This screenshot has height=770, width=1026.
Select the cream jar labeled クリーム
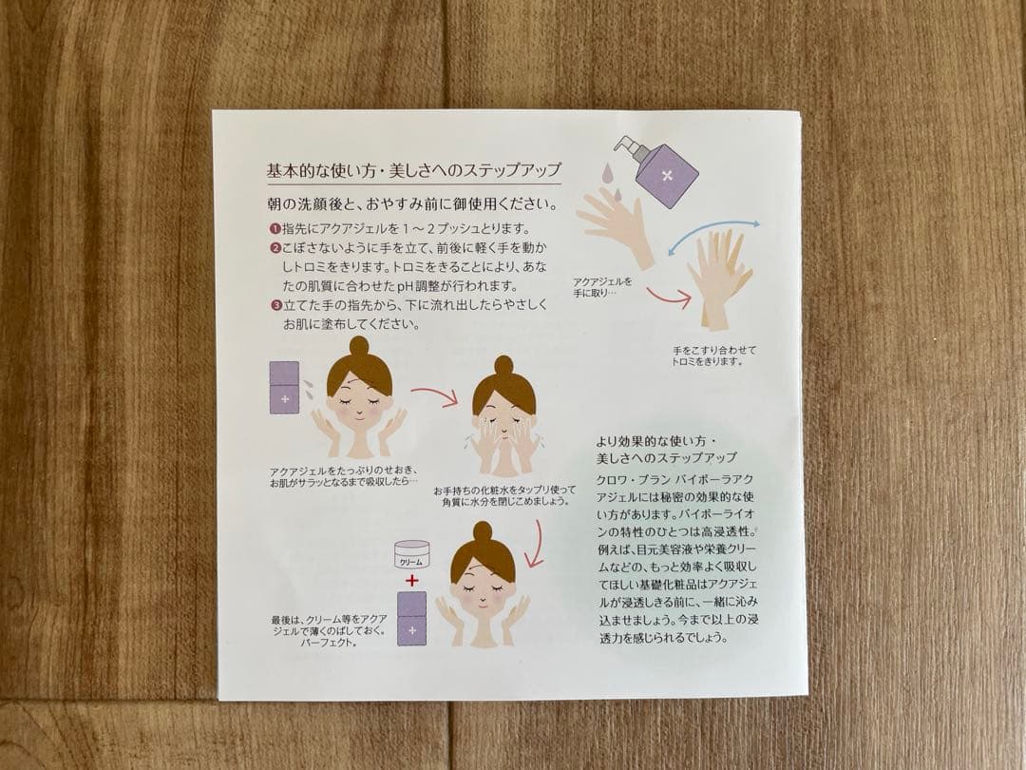coord(411,555)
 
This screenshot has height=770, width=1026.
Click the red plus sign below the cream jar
coord(411,580)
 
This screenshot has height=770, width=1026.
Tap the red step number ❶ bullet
coord(275,229)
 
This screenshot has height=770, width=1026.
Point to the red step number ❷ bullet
coord(275,248)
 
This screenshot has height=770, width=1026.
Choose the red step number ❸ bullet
coord(275,304)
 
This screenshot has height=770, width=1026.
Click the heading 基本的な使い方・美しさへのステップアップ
coord(413,171)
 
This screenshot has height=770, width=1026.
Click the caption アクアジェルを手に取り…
coord(602,287)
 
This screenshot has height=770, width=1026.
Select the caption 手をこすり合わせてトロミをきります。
coord(713,356)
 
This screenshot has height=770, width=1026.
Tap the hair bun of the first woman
coord(358,345)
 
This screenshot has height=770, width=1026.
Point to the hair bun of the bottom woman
coord(483,531)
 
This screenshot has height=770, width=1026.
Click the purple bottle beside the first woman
coord(285,388)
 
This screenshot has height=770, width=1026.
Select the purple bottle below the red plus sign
coord(412,619)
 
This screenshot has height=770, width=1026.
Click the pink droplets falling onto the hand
coord(609,179)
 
